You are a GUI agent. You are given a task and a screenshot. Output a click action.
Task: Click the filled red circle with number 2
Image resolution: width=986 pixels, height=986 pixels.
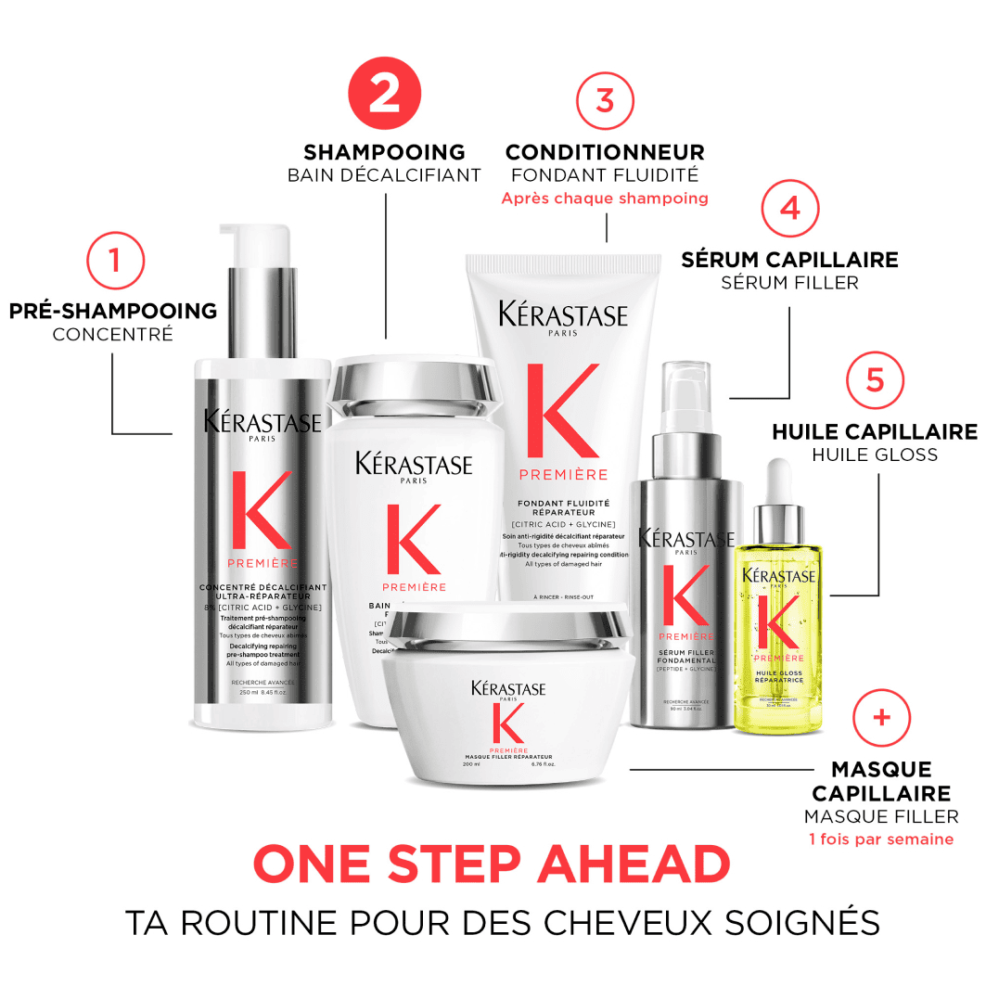[x=384, y=96]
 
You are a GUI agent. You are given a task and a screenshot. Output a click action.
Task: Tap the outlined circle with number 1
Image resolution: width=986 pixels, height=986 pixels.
[x=115, y=259]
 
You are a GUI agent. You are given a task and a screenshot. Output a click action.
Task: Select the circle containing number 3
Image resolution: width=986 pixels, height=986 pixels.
[x=605, y=100]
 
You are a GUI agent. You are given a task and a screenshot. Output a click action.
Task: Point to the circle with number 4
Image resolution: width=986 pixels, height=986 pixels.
[x=789, y=208]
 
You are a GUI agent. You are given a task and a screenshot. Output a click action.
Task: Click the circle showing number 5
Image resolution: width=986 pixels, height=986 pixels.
[x=875, y=380]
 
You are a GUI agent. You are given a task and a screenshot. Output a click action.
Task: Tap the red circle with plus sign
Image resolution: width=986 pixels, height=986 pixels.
[x=881, y=717]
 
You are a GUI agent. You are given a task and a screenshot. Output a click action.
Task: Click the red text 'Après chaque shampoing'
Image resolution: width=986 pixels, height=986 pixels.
[x=605, y=198]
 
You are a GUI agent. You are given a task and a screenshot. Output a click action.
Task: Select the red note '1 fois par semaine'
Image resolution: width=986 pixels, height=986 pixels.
[x=880, y=839]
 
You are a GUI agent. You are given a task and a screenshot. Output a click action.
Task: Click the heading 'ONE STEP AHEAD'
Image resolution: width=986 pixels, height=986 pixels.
[x=492, y=864]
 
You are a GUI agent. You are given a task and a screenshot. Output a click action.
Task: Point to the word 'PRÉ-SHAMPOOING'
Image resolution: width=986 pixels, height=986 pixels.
[x=113, y=311]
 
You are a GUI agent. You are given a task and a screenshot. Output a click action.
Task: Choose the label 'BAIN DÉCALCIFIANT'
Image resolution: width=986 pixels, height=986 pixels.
[x=384, y=174]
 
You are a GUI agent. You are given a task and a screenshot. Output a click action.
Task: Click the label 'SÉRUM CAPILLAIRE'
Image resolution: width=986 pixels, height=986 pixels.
[x=789, y=259]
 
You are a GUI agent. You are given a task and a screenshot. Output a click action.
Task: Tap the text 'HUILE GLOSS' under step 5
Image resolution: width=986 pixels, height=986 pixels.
[x=874, y=455]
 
